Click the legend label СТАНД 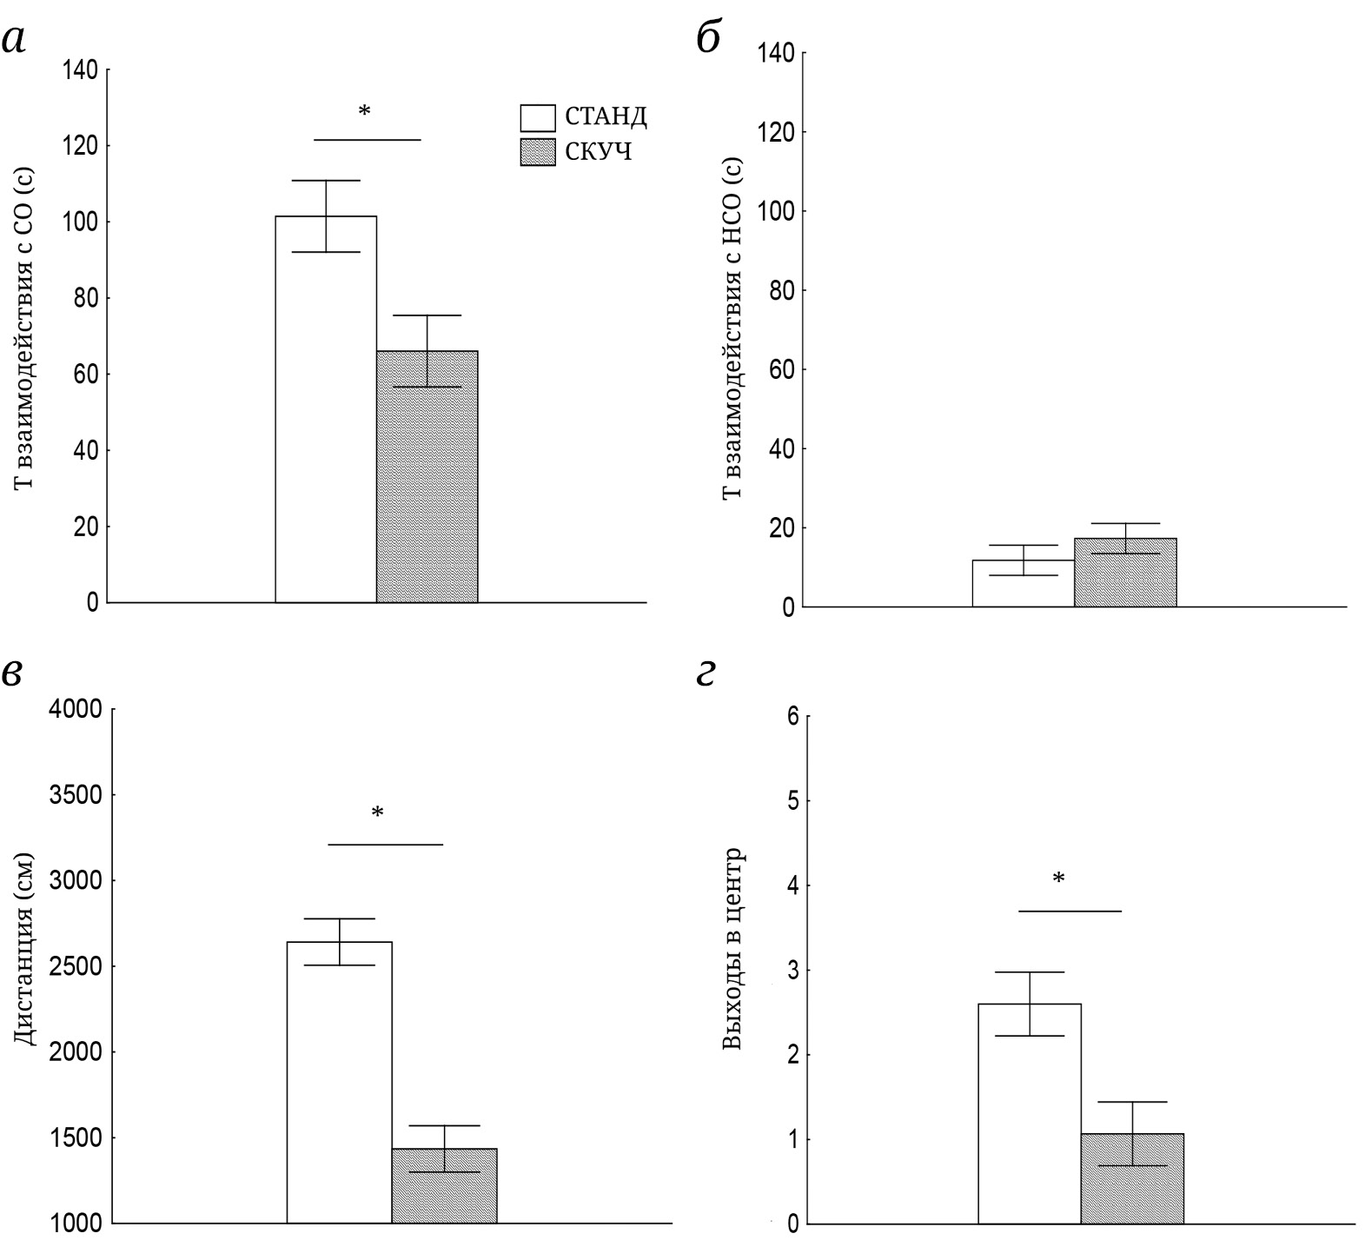click(x=606, y=116)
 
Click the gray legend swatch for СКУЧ click(x=537, y=152)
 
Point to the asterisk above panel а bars click(x=364, y=112)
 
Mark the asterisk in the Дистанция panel click(x=377, y=813)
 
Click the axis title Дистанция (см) click(x=25, y=949)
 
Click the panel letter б click(x=709, y=38)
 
